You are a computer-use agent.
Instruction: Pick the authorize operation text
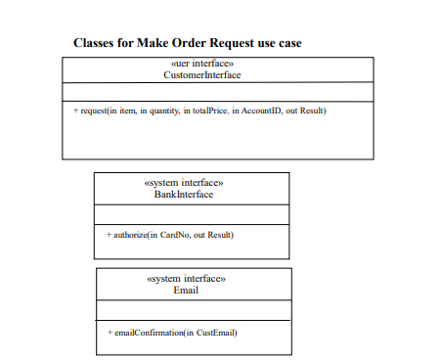(x=129, y=235)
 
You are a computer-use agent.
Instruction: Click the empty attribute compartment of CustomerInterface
(x=217, y=92)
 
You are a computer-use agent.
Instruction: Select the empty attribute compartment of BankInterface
(x=192, y=214)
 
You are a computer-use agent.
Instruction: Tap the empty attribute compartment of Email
(x=193, y=309)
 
